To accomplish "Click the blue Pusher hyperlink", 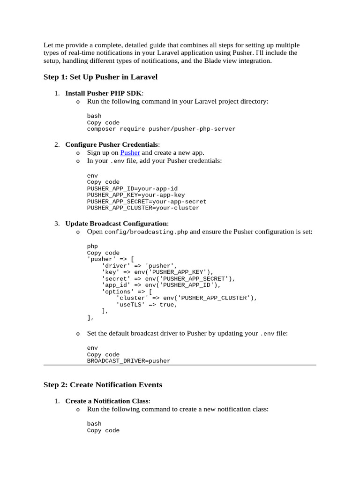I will (130, 153).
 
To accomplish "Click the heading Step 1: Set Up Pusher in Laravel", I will (100, 76).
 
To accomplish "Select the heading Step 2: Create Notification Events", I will (103, 385).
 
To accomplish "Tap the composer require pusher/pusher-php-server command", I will (161, 129).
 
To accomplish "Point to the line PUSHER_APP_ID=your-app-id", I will (132, 188).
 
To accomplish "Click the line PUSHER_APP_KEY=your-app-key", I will (136, 195).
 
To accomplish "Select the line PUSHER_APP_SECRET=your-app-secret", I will (147, 202).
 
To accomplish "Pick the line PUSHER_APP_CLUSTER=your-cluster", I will (143, 208).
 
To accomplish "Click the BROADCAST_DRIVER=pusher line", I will (128, 361).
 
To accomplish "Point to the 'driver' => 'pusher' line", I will (140, 265).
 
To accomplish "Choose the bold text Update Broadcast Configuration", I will (116, 224).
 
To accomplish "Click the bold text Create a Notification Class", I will (107, 401).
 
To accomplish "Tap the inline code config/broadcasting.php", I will (146, 232).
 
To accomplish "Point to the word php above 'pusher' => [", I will (92, 246).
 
